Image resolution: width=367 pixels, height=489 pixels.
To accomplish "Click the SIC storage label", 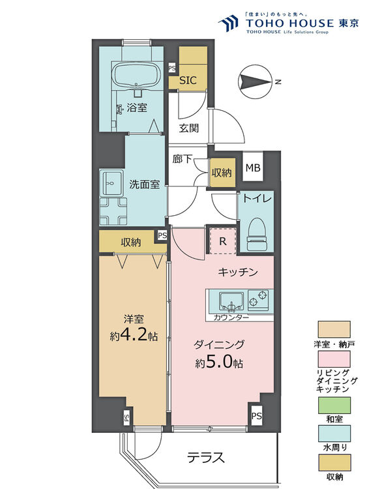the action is click(188, 80).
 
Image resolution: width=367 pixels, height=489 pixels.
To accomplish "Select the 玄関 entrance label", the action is click(189, 128).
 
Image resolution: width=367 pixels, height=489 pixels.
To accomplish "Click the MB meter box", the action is click(252, 168).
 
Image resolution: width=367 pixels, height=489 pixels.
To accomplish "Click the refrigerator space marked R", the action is click(223, 241).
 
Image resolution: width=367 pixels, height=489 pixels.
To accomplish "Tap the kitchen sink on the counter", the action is click(231, 301).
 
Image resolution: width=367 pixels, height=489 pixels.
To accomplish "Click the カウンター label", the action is click(231, 318).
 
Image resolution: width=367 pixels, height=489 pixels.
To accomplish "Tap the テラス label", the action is click(206, 458).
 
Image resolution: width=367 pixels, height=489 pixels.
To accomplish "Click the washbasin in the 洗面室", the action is click(111, 183).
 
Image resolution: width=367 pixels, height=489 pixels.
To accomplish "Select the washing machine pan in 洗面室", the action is click(113, 211).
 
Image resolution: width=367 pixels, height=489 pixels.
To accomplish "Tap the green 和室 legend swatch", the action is click(334, 406).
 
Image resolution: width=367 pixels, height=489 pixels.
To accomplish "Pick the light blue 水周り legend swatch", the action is click(334, 434).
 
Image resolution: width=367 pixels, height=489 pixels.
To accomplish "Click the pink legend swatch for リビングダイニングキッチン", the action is click(334, 359).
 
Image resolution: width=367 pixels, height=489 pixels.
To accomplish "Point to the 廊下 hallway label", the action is click(182, 159).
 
